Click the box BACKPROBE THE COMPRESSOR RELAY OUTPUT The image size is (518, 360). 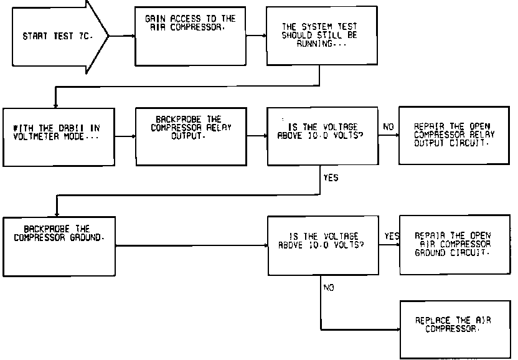click(191, 135)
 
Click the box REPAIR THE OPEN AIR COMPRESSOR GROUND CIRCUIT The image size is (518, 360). click(454, 245)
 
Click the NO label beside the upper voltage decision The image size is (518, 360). click(388, 127)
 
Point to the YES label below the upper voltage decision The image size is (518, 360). click(331, 178)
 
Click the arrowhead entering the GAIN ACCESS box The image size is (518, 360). click(133, 36)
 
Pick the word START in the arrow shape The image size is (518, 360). click(34, 36)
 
